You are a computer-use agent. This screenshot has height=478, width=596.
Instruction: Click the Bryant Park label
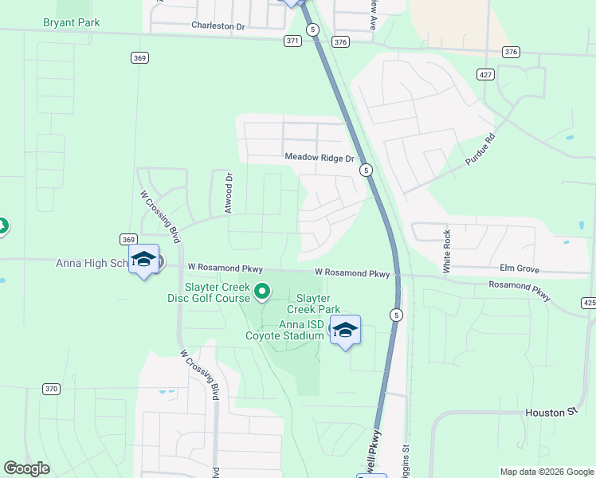(x=72, y=22)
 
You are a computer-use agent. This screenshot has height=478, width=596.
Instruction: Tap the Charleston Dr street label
(x=218, y=25)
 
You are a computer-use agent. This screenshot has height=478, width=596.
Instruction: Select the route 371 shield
(x=292, y=41)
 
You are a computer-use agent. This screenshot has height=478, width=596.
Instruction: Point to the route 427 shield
(x=484, y=74)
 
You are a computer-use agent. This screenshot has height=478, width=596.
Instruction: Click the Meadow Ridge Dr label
(x=320, y=158)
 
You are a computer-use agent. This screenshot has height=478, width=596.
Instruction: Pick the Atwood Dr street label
(x=229, y=194)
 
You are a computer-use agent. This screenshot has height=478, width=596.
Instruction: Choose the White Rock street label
(x=448, y=249)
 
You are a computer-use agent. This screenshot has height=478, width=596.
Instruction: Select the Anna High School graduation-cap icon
(x=144, y=260)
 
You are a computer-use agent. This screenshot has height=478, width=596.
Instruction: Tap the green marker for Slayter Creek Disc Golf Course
(x=262, y=293)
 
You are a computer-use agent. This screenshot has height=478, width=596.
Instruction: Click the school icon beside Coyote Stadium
(x=345, y=330)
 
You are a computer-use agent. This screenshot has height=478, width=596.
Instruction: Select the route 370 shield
(x=51, y=389)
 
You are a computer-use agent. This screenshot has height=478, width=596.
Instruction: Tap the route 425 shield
(x=589, y=303)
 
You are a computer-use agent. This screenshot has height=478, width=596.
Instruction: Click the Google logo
(x=26, y=468)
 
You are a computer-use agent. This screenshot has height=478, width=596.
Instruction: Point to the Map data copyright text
(x=546, y=472)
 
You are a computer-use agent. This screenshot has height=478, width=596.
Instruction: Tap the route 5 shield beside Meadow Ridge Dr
(x=365, y=170)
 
